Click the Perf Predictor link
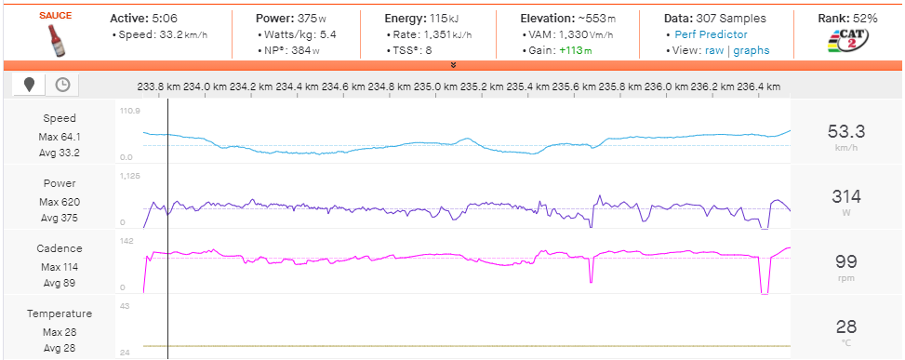tap(711, 34)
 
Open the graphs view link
tap(752, 50)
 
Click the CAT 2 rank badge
tap(845, 41)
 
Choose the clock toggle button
tap(62, 85)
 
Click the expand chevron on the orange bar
tap(452, 65)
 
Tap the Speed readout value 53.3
tap(845, 131)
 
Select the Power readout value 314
tap(845, 196)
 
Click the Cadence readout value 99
tap(845, 261)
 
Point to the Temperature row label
tap(60, 313)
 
